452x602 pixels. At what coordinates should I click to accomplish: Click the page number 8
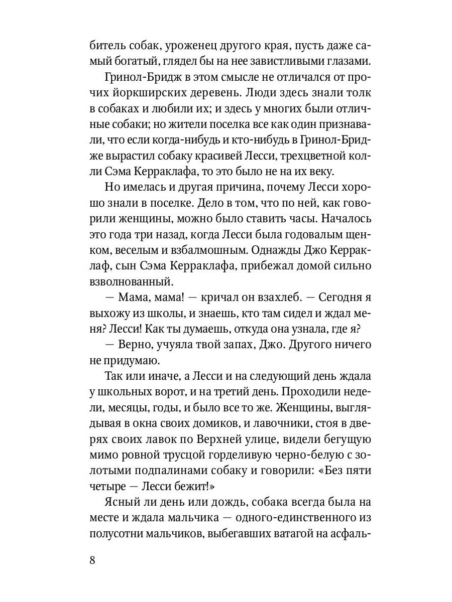[92, 560]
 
